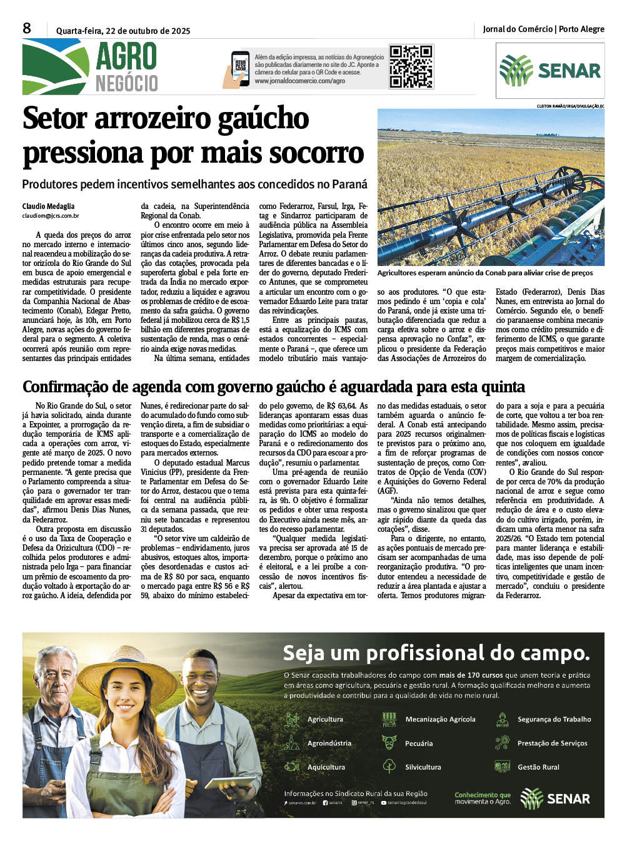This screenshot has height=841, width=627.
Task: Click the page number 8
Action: click(x=27, y=28)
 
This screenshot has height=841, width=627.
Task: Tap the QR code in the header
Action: click(x=411, y=66)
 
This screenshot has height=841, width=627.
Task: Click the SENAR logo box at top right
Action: click(x=549, y=70)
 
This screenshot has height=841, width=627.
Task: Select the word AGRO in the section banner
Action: click(x=126, y=58)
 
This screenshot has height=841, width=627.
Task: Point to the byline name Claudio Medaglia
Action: click(x=48, y=206)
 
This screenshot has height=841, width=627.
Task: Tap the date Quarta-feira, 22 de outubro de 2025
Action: click(x=123, y=31)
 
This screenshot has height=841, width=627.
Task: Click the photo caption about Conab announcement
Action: click(x=485, y=273)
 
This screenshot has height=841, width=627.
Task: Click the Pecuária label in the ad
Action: click(x=419, y=743)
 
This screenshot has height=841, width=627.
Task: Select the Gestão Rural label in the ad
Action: click(x=538, y=767)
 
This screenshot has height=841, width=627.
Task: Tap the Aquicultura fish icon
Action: click(x=292, y=767)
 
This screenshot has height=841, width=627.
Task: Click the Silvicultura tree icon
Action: click(x=389, y=766)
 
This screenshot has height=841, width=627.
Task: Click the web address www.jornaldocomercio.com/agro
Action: click(x=299, y=81)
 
